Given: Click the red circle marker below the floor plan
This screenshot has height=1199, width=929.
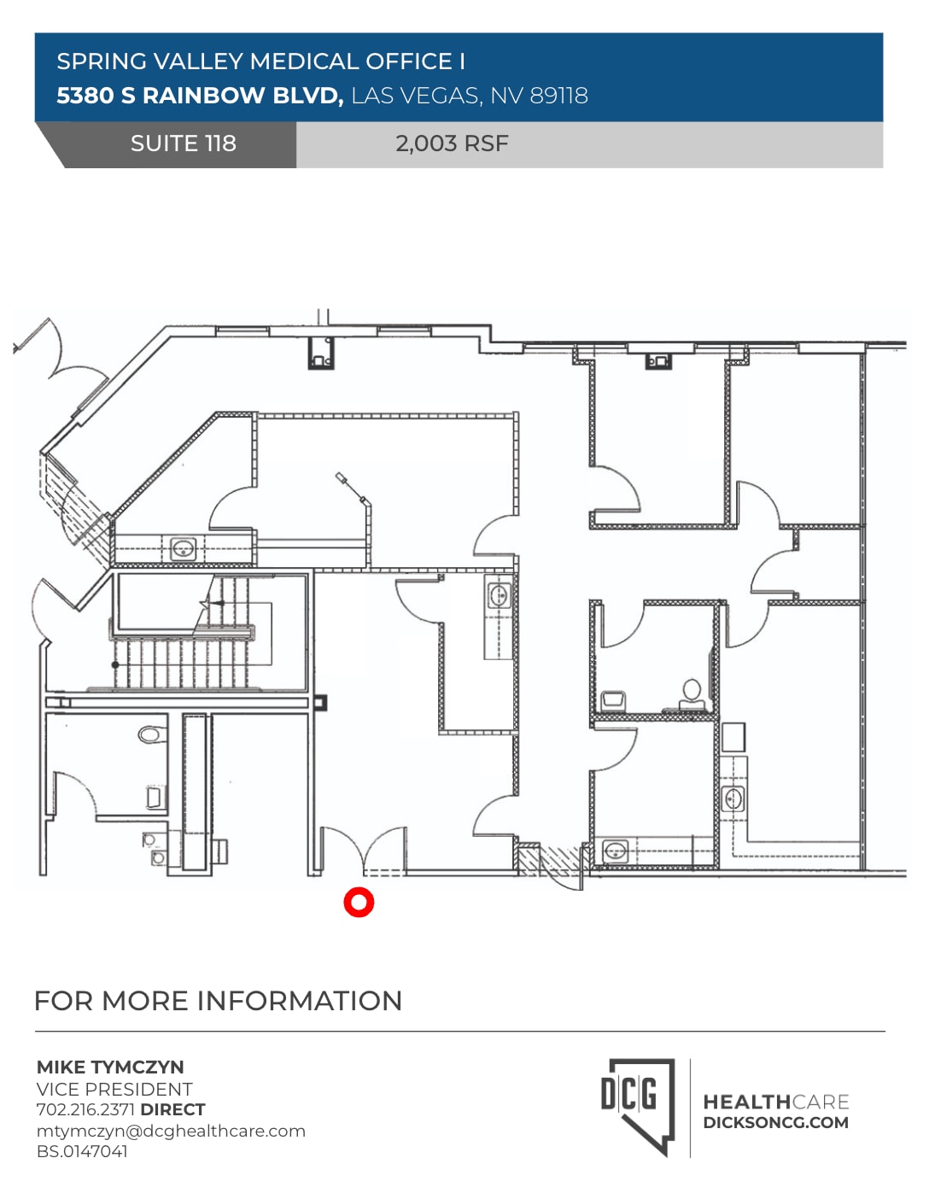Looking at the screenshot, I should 359,902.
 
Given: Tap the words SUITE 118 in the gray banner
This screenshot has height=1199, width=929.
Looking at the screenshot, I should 183,143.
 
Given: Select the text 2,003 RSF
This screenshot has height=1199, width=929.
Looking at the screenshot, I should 452,143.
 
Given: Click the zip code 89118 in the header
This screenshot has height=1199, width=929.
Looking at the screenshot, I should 558,96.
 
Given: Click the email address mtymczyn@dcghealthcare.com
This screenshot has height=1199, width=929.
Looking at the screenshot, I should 171,1131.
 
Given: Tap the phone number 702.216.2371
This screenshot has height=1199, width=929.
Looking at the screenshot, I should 85,1109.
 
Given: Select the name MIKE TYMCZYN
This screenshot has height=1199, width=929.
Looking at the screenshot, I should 110,1067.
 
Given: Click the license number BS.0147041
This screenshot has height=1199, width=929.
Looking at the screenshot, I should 82,1151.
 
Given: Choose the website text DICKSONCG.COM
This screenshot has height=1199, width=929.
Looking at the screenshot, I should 775,1123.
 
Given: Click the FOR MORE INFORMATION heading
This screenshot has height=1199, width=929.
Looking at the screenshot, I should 218,1001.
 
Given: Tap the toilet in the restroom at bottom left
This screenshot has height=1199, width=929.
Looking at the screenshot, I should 153,734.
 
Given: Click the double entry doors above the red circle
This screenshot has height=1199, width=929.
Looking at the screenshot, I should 362,850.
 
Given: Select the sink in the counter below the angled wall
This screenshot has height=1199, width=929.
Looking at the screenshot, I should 184,548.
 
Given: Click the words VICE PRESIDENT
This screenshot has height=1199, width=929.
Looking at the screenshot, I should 114,1089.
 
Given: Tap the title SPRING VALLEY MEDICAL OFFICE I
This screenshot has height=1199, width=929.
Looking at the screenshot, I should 260,61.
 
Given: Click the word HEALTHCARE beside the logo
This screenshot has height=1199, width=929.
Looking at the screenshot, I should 775,1102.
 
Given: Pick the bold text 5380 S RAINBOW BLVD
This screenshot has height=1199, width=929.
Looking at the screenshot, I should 199,96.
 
